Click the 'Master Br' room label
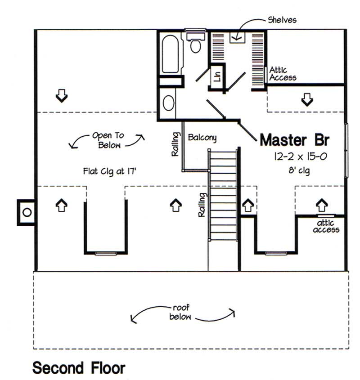coord(295,140)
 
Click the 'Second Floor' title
coord(79,368)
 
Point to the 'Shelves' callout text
coord(282,20)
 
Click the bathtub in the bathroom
coord(170,54)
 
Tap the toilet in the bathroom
coord(195,45)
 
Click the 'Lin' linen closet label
coord(217,76)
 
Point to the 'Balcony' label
coord(202,137)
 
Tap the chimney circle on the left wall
coord(27,212)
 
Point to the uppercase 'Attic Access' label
coord(283,74)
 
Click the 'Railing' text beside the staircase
coord(202,205)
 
